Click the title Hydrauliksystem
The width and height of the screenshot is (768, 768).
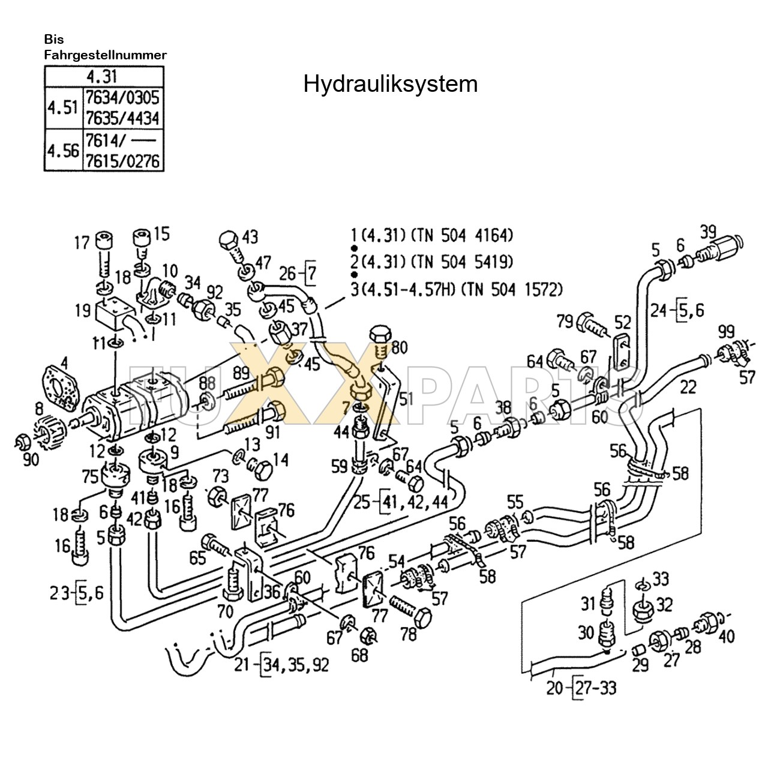(x=390, y=84)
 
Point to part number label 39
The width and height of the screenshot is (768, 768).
(x=709, y=231)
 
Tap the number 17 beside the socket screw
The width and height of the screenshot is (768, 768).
(x=82, y=243)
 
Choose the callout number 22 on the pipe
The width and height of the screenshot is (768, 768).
(x=688, y=388)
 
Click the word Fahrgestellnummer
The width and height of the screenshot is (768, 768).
(x=105, y=55)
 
